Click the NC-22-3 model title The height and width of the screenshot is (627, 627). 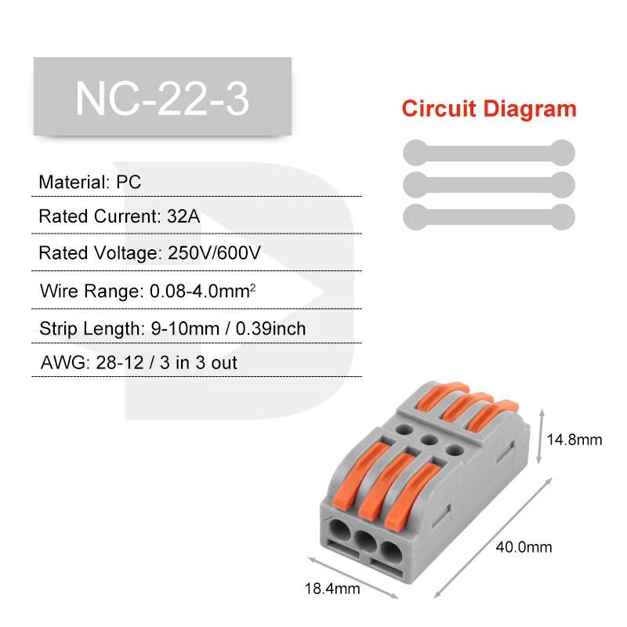[x=162, y=99]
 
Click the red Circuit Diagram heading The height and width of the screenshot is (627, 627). [x=489, y=109]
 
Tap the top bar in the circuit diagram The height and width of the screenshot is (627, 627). [x=489, y=153]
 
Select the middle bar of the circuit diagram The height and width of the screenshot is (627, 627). [x=489, y=185]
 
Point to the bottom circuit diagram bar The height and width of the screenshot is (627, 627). [x=489, y=217]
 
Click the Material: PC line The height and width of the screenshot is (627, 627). [x=90, y=183]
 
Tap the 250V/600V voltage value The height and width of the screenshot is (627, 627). [x=214, y=252]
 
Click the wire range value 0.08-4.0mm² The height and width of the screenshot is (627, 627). [x=203, y=291]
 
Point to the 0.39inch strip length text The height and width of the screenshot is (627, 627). [x=270, y=328]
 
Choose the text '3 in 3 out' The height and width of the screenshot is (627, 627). [x=199, y=363]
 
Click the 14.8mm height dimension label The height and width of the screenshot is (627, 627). [x=574, y=440]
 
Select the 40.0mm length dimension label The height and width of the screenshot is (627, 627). [x=524, y=547]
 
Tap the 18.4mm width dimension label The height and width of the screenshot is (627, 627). [x=332, y=589]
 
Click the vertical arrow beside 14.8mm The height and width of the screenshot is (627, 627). [x=541, y=437]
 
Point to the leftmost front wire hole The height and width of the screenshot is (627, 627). [x=340, y=530]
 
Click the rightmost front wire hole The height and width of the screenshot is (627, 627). [x=390, y=553]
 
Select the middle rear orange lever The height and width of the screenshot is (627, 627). [x=466, y=406]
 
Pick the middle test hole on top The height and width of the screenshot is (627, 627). [x=429, y=440]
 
